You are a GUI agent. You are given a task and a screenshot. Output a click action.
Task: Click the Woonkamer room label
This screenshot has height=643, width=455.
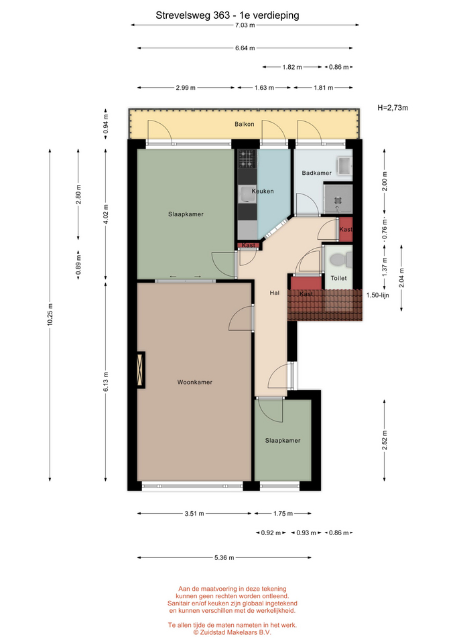point(195,382)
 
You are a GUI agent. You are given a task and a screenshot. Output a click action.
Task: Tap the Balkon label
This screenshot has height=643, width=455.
point(245,125)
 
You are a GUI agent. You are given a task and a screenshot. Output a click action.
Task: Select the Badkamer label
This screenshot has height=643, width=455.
point(317,173)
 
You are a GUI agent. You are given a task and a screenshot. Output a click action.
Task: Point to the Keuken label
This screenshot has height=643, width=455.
point(263,191)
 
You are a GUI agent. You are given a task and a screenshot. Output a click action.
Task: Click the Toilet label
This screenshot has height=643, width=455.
point(339,278)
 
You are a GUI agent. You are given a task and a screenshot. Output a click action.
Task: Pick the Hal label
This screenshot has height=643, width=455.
point(275,293)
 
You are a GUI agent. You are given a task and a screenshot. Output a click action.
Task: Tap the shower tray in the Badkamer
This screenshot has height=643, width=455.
point(338,199)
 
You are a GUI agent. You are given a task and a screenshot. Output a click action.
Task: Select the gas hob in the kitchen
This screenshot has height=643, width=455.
point(247,159)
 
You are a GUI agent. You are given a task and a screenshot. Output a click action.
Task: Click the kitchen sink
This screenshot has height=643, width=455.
point(247,194)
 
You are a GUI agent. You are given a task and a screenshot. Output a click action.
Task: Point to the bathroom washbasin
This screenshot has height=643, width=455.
point(344,166)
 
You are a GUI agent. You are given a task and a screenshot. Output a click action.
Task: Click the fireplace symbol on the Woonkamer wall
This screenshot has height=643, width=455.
point(141,370)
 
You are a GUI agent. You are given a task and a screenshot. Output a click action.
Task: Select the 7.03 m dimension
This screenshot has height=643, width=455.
point(245,25)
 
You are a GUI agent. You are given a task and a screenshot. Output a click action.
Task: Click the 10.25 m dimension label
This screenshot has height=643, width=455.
point(50,315)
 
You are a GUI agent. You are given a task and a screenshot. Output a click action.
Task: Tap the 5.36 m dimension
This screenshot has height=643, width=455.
point(224,558)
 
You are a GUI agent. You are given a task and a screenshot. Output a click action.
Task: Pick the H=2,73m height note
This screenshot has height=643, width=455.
point(393,108)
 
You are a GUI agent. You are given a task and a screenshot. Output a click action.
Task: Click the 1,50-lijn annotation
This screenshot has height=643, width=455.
point(377,295)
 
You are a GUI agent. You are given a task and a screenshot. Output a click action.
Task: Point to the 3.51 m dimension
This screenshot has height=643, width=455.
point(194,514)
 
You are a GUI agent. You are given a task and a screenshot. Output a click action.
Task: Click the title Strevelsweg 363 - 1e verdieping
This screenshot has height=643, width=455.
point(227,15)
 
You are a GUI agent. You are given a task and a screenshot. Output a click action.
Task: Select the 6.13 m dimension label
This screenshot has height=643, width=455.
point(106,382)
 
